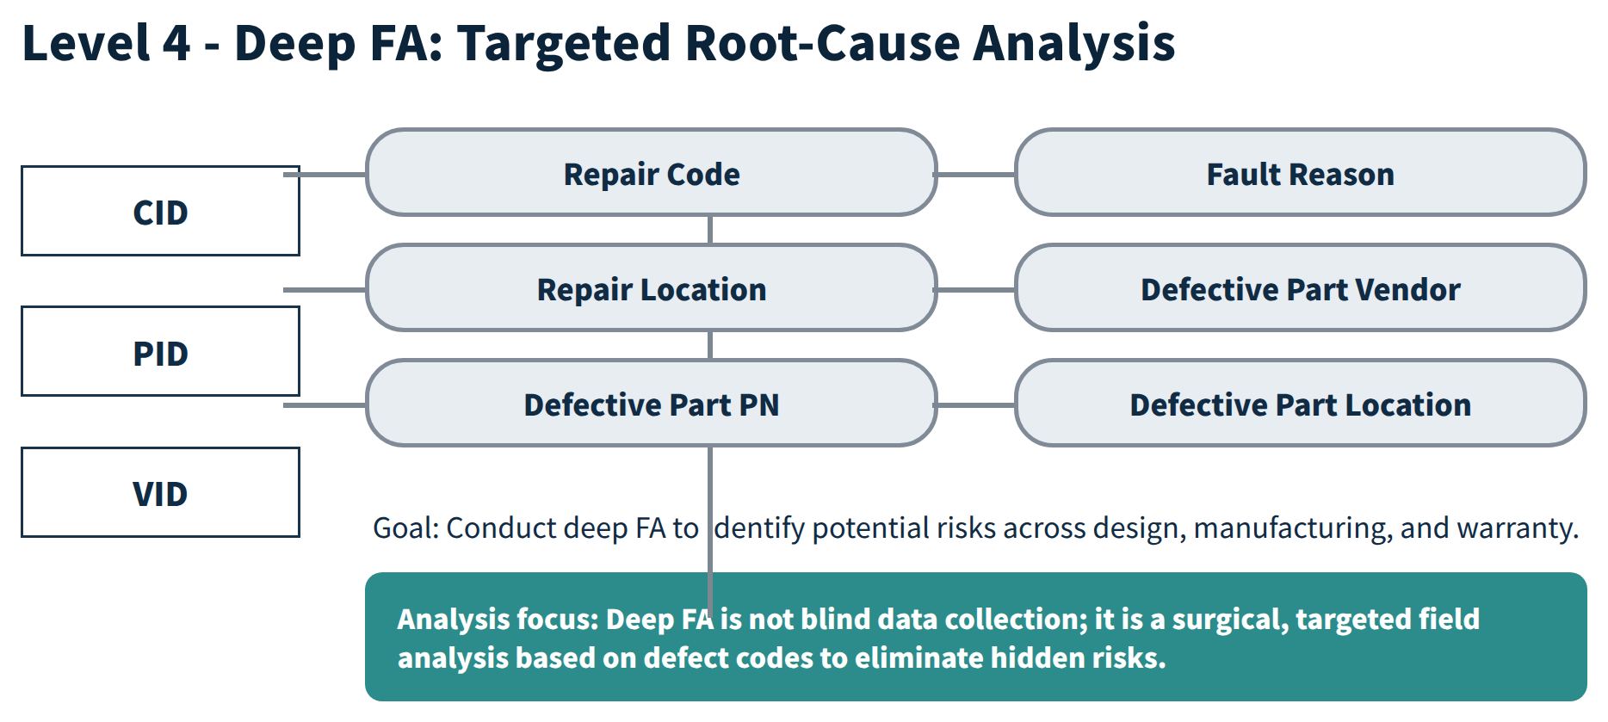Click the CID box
[160, 211]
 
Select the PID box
[160, 351]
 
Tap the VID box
[160, 492]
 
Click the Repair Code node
[652, 172]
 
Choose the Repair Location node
[652, 287]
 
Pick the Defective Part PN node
[652, 403]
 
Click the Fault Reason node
[1301, 172]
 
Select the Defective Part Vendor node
[1301, 287]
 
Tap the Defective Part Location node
[1301, 403]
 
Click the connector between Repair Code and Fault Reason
[976, 174]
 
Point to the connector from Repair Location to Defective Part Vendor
[976, 289]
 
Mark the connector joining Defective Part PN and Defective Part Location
[976, 404]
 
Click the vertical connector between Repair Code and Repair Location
[710, 230]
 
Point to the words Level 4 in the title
[106, 42]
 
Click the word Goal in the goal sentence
[405, 528]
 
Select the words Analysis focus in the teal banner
[498, 619]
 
